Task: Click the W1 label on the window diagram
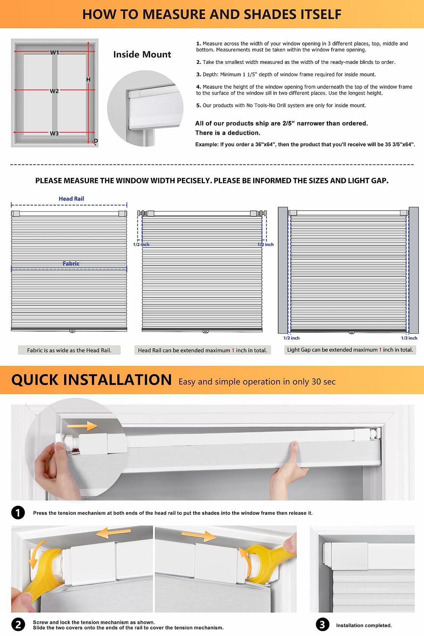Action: coord(55,53)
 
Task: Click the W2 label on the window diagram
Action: coord(54,91)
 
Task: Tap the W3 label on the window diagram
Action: coord(54,133)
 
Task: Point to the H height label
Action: coord(88,79)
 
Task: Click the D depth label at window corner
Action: coord(96,141)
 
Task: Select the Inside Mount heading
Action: coord(142,55)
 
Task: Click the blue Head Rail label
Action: coord(71,199)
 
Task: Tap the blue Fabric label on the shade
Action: coord(71,263)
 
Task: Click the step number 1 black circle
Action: coord(18,513)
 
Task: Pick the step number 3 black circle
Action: coord(322,625)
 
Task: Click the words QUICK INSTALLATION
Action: coord(91,380)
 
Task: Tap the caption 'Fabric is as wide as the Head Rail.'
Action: coord(69,350)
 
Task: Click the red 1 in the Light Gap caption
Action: coord(380,350)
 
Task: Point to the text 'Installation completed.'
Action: coord(364,625)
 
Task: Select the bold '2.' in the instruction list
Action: coord(198,62)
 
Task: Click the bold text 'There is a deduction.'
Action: coord(228,133)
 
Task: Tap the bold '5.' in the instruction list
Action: coord(198,106)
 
